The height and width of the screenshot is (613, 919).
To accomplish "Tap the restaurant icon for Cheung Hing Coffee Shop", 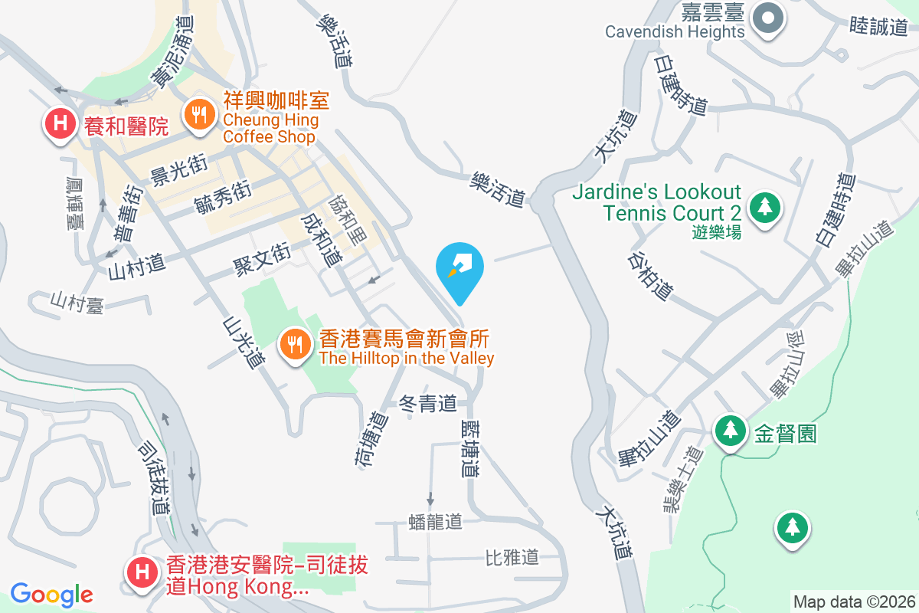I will click(x=200, y=116).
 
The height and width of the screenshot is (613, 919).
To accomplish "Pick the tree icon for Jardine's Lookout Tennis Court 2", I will click(x=764, y=206).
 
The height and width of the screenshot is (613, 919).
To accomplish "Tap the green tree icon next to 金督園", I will click(x=731, y=429).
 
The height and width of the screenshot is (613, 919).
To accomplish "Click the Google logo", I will click(x=51, y=595).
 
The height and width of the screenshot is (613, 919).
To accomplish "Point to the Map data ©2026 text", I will click(x=854, y=602).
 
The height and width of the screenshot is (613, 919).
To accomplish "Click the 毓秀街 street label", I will click(x=223, y=196).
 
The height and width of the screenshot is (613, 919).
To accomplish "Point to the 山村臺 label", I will click(x=77, y=302).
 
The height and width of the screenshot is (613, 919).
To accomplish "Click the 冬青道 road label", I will click(x=428, y=403).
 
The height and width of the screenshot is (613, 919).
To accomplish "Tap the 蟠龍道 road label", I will click(x=436, y=522).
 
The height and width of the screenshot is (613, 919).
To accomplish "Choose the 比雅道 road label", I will click(x=512, y=557).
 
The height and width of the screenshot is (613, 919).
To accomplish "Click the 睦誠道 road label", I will click(x=878, y=27).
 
